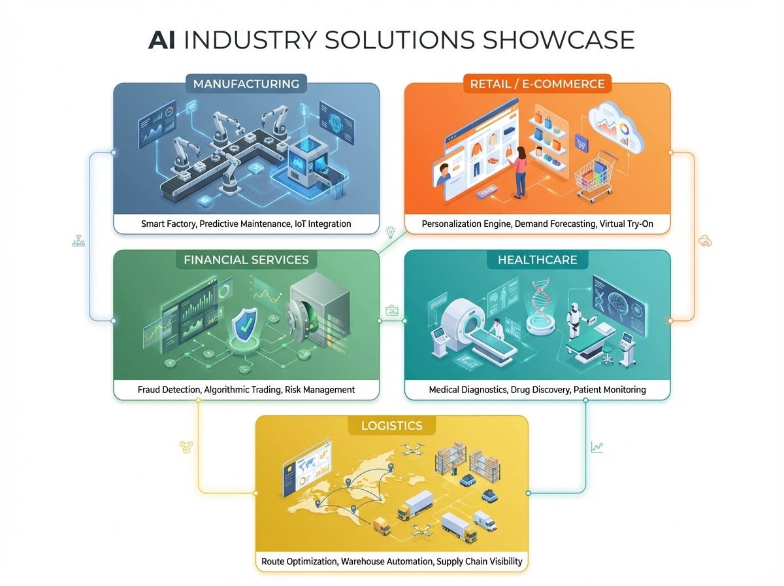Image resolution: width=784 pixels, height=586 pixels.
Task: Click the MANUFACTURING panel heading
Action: (246, 84)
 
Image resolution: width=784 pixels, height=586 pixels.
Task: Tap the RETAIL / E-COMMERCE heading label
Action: (537, 84)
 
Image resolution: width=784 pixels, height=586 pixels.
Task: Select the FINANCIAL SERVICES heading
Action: (246, 260)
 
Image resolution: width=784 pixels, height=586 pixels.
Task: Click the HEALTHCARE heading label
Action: (538, 260)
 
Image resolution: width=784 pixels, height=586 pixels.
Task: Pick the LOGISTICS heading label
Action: (391, 426)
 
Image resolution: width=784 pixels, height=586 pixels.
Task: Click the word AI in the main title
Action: (163, 40)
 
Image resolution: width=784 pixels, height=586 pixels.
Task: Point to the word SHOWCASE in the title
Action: (559, 40)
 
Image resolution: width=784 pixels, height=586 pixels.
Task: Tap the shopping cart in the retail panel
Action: (592, 177)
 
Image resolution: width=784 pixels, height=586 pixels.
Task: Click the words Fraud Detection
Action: (168, 389)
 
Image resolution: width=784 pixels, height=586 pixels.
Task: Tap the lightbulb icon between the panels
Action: (391, 231)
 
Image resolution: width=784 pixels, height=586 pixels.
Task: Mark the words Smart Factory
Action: (168, 224)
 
